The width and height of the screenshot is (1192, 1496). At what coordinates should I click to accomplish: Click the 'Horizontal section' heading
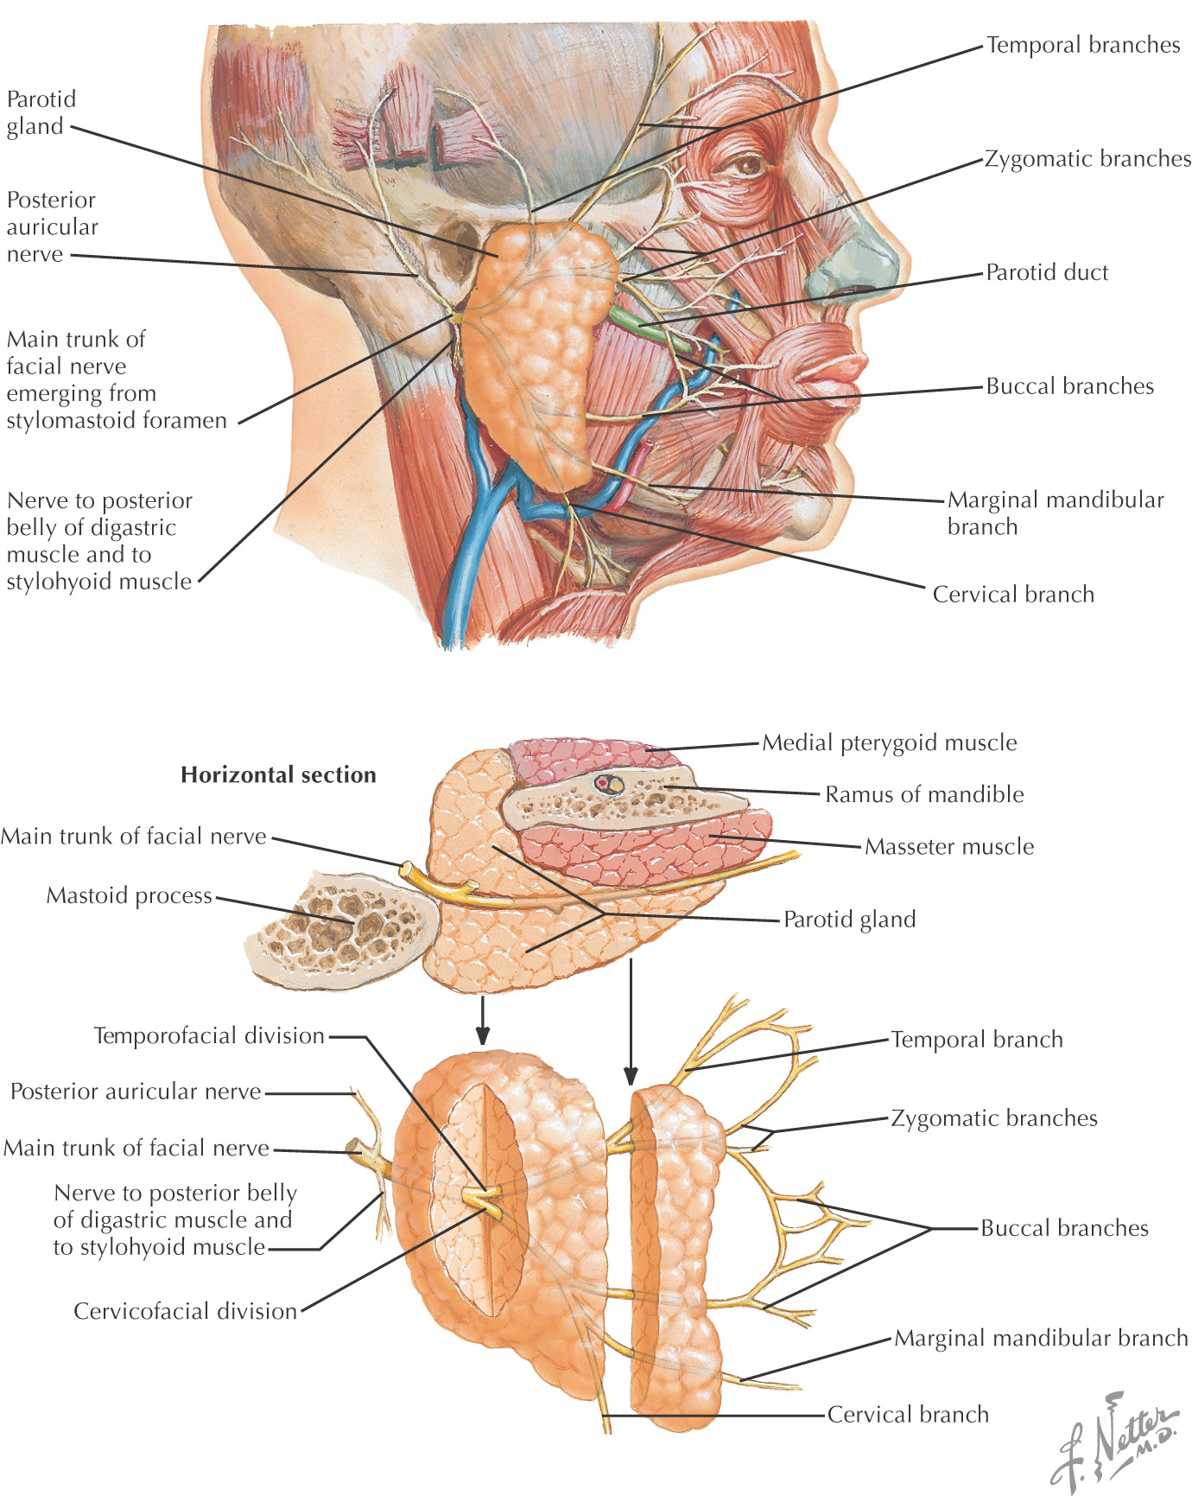(x=278, y=774)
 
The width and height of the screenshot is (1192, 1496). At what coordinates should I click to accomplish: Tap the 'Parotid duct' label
(x=1047, y=272)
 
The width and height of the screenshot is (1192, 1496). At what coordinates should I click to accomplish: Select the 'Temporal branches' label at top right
(x=1083, y=45)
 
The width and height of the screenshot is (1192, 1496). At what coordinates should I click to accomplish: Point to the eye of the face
(x=745, y=163)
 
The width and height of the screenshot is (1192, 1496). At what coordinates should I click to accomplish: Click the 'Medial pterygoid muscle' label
(x=889, y=742)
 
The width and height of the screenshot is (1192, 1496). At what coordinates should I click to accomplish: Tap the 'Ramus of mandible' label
(x=924, y=794)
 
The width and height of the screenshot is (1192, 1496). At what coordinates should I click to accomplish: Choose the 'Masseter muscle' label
(x=949, y=846)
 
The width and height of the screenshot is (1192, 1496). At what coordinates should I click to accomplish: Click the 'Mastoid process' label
(x=130, y=895)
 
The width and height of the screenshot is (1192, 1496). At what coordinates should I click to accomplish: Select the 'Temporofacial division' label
(x=209, y=1035)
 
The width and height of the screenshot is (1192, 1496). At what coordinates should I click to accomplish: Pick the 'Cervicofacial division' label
(x=185, y=1311)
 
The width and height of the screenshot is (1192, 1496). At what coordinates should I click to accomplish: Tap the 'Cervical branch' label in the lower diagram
(x=908, y=1415)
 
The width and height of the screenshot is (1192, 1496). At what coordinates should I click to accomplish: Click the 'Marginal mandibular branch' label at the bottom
(x=1041, y=1339)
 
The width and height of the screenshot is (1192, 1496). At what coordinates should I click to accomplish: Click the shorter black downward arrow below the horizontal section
(x=483, y=1021)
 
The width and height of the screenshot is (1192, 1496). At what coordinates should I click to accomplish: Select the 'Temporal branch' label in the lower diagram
(x=977, y=1040)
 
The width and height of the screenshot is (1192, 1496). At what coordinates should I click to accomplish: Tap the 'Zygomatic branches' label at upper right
(x=1087, y=159)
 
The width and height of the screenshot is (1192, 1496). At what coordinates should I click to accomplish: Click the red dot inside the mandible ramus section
(x=602, y=783)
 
